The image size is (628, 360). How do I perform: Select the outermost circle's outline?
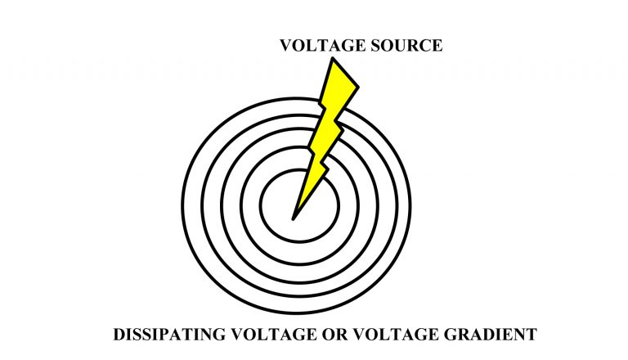pyautogui.click(x=182, y=205)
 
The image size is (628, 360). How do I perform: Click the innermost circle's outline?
pyautogui.click(x=262, y=205)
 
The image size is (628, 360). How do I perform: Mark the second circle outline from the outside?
pyautogui.click(x=202, y=205)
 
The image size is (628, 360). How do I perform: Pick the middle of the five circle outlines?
pyautogui.click(x=222, y=205)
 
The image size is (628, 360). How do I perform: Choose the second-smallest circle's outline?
pyautogui.click(x=242, y=205)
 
